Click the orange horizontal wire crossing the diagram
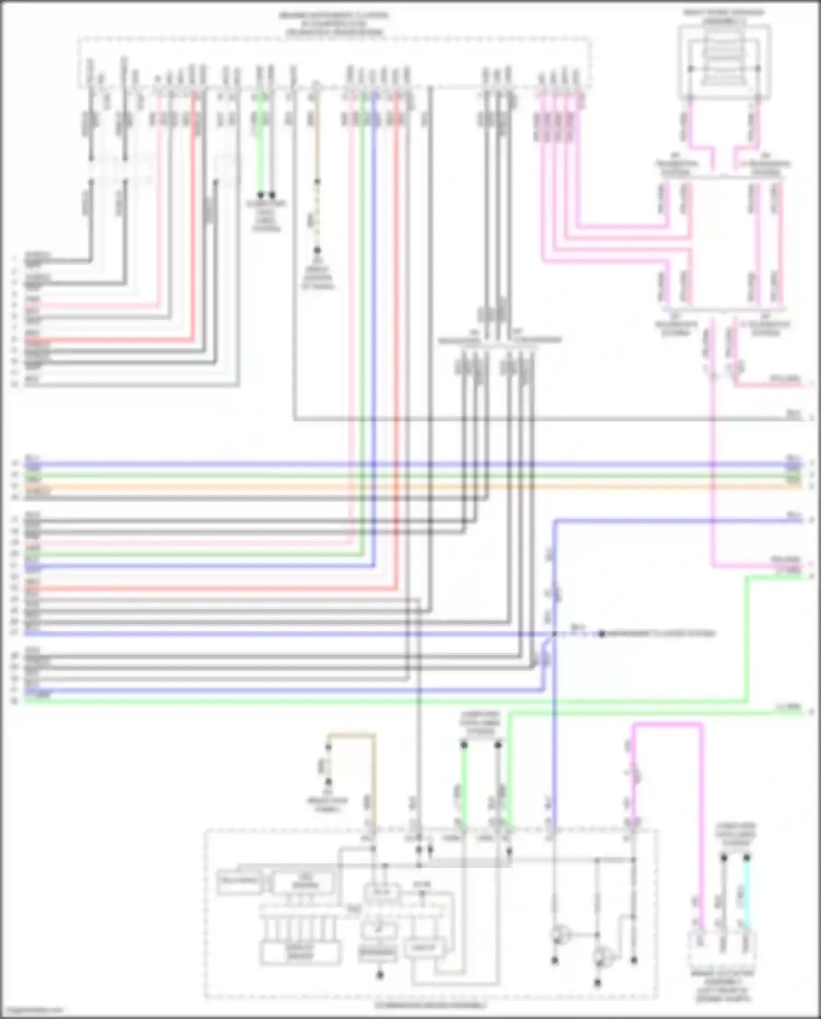point(416,486)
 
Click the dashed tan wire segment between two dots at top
point(317,216)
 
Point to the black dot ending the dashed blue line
point(601,634)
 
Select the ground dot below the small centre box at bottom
point(379,975)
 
